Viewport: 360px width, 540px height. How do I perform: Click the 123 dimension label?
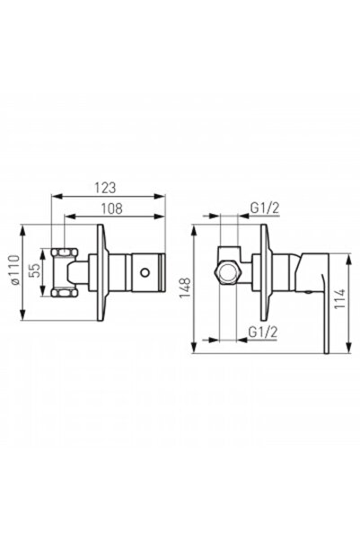click(105, 188)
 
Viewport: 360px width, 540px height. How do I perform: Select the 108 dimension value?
click(111, 208)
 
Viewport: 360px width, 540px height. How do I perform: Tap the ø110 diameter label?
click(14, 270)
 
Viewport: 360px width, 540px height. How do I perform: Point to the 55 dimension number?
click(35, 270)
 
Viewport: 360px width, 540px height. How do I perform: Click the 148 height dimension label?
click(185, 288)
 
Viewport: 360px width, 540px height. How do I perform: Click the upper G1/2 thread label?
click(265, 208)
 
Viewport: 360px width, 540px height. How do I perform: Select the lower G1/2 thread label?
click(263, 332)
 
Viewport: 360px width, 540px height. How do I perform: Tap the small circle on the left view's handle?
click(145, 272)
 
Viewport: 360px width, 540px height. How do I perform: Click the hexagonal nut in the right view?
click(227, 272)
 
